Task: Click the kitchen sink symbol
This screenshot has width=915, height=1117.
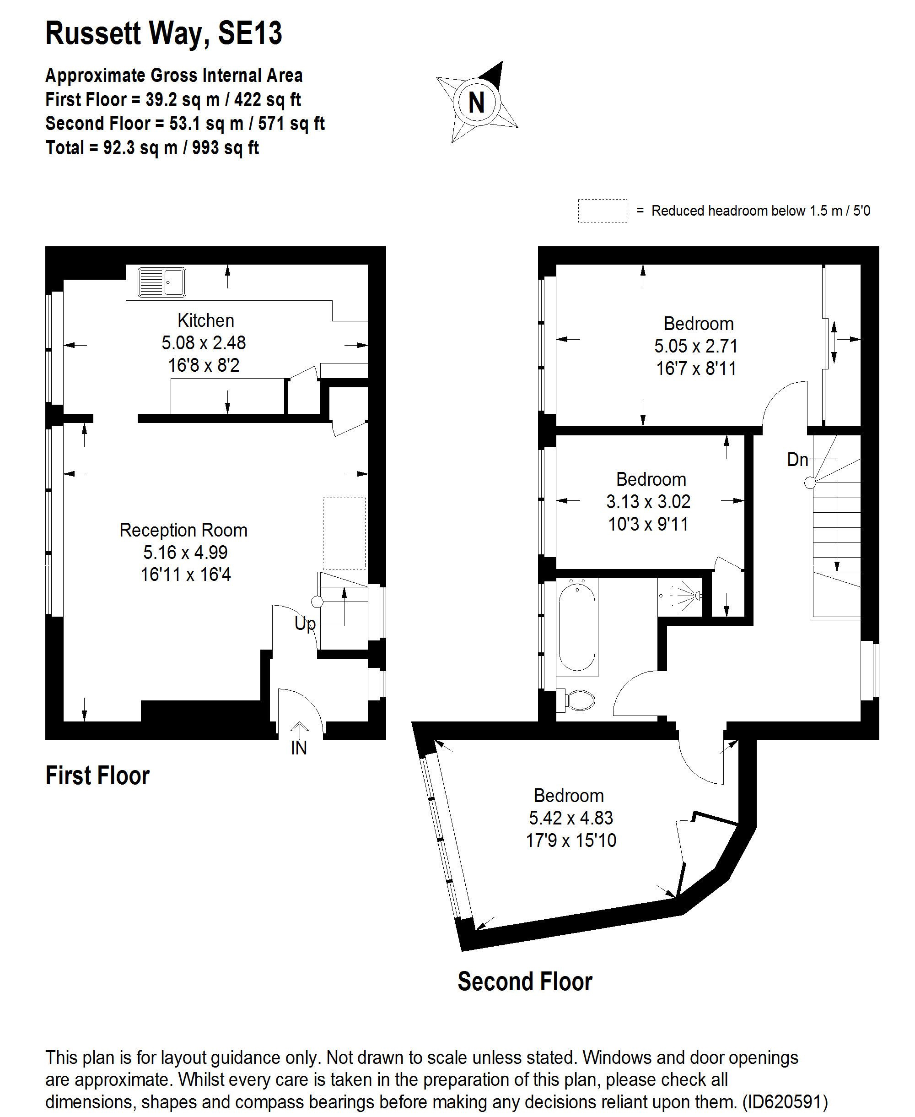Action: (x=162, y=282)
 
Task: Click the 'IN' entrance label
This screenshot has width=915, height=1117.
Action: (x=299, y=748)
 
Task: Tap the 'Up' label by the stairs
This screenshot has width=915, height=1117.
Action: (x=305, y=624)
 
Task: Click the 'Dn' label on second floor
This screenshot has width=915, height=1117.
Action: (x=797, y=460)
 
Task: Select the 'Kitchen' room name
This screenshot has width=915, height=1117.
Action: (x=205, y=320)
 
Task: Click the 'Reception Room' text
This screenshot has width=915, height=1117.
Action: (x=183, y=530)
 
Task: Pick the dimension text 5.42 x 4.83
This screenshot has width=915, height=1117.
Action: (x=571, y=818)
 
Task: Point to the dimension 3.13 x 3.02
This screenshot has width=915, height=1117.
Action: (x=648, y=502)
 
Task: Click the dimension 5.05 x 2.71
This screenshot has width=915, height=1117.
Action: (x=696, y=346)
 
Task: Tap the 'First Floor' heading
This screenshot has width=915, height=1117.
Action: (x=97, y=776)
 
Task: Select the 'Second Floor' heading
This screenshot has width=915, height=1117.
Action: (x=524, y=981)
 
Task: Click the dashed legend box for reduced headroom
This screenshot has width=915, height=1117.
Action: (x=602, y=211)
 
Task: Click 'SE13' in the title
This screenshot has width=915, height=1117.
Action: (x=250, y=33)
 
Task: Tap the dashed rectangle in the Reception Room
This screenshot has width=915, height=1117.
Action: (x=344, y=533)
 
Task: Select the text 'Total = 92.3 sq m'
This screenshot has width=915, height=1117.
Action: (x=111, y=148)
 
